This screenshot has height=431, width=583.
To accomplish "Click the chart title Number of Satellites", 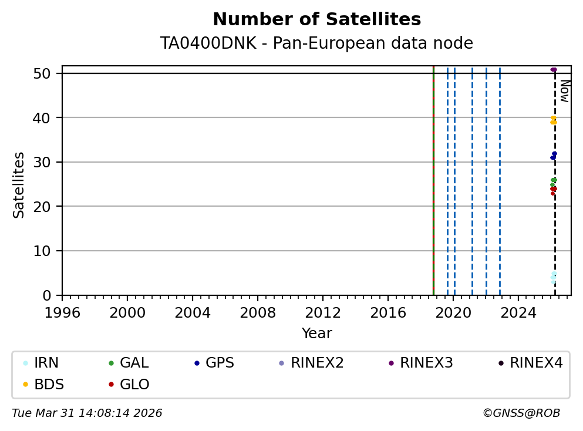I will point(316,20).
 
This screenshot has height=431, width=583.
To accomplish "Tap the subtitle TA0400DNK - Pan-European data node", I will point(316,43).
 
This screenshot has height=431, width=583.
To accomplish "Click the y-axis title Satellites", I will point(19,185).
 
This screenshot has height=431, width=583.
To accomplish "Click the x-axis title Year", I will point(316,334).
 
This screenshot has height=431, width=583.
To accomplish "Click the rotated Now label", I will point(564,91).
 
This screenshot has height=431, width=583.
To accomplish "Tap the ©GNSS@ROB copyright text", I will point(521,413).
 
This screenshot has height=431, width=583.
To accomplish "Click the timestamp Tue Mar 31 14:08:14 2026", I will point(87,413).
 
